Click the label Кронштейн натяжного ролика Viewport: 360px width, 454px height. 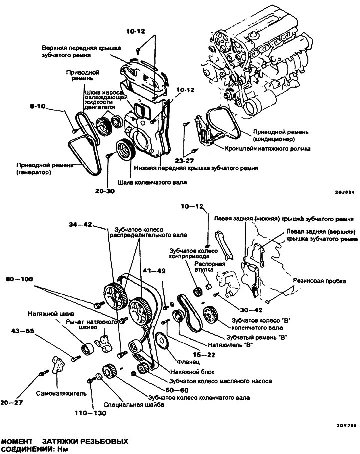click(267, 149)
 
